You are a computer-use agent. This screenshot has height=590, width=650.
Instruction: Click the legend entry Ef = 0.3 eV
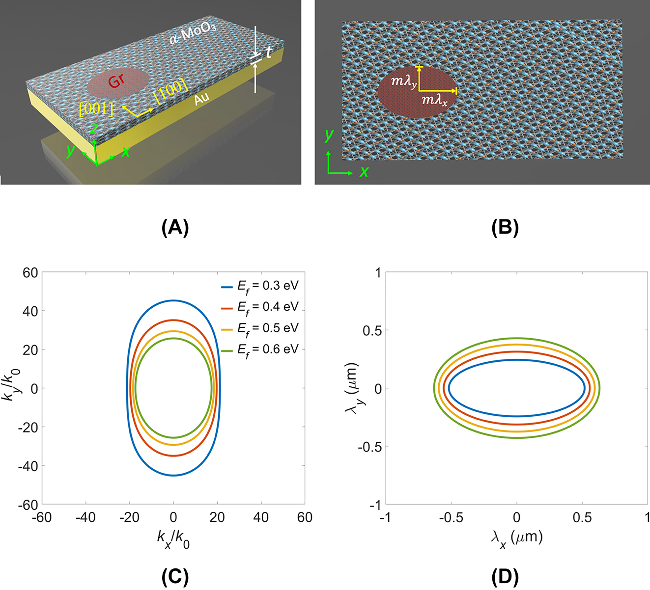[x=268, y=286]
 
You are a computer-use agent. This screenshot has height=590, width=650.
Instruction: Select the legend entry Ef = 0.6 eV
[x=268, y=350]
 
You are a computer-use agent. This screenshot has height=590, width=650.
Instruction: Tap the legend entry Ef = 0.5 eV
[x=268, y=328]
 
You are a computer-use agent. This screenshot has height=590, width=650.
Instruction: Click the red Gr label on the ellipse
[x=116, y=81]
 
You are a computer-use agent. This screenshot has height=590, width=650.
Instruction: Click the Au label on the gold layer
[x=201, y=99]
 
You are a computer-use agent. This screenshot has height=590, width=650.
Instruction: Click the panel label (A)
[x=175, y=228]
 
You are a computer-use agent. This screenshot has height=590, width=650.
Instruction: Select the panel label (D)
[x=505, y=577]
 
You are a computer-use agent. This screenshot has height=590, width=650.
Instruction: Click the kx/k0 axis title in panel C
[x=173, y=538]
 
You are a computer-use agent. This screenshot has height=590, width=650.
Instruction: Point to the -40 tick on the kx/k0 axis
[x=86, y=517]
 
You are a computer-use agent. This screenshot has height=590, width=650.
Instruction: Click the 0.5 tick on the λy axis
[x=372, y=331]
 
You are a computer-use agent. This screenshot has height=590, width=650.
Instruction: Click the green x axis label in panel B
[x=364, y=172]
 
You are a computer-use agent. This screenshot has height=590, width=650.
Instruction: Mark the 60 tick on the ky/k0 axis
[x=30, y=273]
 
